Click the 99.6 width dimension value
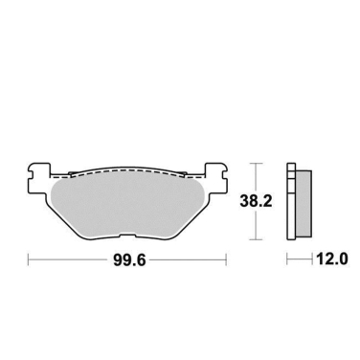[126, 259]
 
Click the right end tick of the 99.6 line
[226, 259]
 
